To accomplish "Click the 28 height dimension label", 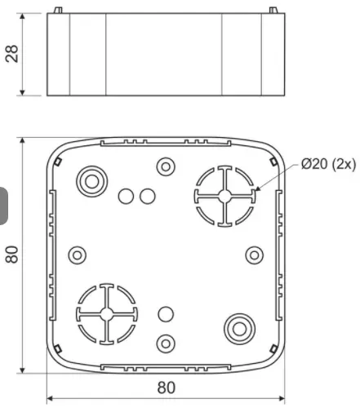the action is pyautogui.click(x=12, y=54).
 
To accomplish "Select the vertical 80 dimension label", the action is pyautogui.click(x=12, y=255).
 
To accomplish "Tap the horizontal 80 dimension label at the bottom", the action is pyautogui.click(x=167, y=388).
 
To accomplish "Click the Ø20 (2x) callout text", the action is pyautogui.click(x=328, y=164).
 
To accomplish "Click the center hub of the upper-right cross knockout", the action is pyautogui.click(x=224, y=196).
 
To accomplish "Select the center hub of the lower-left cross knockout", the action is pyautogui.click(x=107, y=314).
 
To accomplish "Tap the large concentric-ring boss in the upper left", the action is pyautogui.click(x=92, y=181).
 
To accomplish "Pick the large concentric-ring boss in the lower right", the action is pyautogui.click(x=239, y=329).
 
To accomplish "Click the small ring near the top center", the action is pyautogui.click(x=166, y=166).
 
